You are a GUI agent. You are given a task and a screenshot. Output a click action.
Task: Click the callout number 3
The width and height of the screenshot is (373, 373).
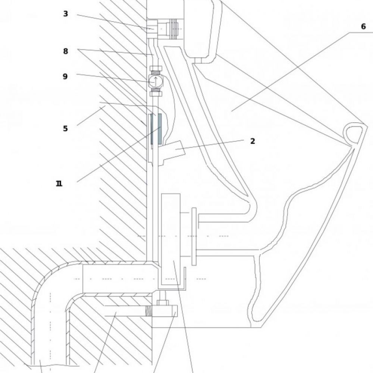click(66, 14)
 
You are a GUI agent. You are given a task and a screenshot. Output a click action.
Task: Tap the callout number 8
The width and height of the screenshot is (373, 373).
click(66, 51)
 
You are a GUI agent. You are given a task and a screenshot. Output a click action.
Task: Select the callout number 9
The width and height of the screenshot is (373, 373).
click(65, 76)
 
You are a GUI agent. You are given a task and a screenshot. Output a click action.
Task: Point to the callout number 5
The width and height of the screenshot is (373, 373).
click(65, 128)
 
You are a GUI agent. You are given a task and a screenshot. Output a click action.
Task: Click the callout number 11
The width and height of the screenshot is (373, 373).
click(59, 184)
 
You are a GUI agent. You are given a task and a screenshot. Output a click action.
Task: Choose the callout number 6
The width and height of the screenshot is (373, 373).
click(363, 26)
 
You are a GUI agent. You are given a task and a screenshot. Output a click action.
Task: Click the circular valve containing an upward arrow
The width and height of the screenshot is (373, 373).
click(155, 81)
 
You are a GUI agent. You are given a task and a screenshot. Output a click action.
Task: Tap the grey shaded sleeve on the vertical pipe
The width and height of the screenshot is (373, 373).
click(156, 129)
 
